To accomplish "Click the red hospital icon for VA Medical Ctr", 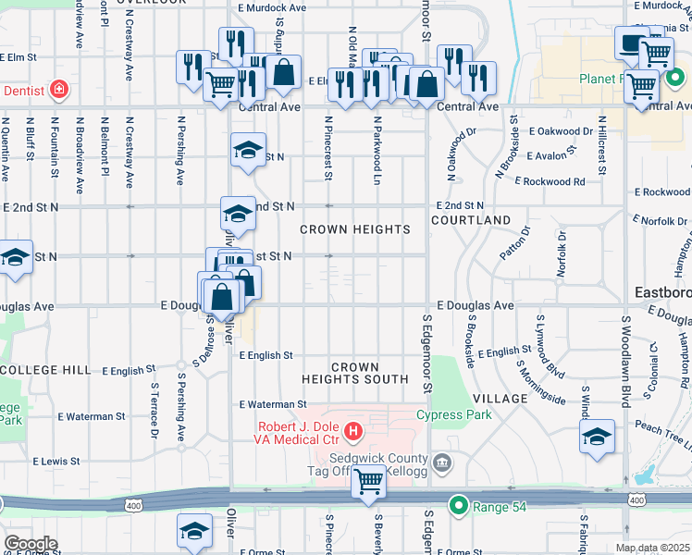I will click(352, 431).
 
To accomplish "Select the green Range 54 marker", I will click(457, 505).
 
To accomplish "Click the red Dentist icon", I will click(59, 90).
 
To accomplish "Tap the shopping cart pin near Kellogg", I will click(368, 481).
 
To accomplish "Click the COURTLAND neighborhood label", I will click(471, 220).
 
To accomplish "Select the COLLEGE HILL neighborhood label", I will click(45, 370).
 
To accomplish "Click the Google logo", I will click(31, 543).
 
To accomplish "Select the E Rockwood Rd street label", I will click(550, 182).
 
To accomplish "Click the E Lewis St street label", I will click(60, 461).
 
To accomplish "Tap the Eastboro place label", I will click(663, 293).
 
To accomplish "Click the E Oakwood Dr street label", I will click(561, 131).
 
